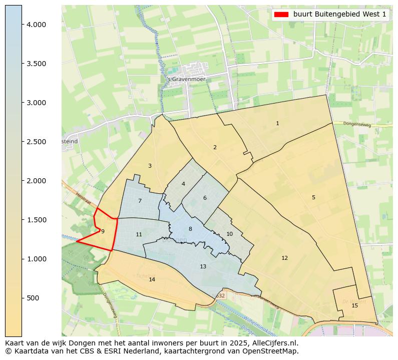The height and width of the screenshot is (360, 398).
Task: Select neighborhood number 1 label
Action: tap(277, 123)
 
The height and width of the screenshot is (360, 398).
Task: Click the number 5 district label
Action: tap(313, 197)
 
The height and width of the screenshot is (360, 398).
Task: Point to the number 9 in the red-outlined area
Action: tap(103, 231)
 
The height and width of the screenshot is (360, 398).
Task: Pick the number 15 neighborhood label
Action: tap(354, 305)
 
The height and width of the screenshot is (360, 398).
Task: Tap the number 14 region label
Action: tap(152, 279)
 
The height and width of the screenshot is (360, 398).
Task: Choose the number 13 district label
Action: tap(203, 266)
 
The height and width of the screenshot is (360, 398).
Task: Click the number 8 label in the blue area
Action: tap(190, 229)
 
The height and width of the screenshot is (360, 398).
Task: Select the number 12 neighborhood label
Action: tap(284, 258)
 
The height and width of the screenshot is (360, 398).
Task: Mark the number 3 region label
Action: tap(150, 166)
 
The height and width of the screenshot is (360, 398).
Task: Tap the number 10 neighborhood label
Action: tap(229, 234)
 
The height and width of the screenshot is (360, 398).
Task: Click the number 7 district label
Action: tap(140, 201)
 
